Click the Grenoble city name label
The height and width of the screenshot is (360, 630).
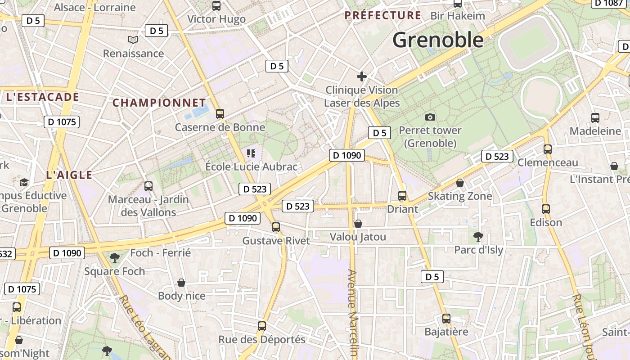click(438, 40)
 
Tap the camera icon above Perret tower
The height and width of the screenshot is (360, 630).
click(430, 117)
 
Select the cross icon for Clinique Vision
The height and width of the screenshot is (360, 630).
click(361, 76)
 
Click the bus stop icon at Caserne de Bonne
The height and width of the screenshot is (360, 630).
click(220, 113)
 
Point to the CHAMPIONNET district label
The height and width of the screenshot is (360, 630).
click(159, 103)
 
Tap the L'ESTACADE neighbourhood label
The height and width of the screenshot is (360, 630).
click(42, 97)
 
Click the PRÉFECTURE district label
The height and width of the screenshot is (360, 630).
click(382, 16)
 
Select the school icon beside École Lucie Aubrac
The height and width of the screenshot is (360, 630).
click(251, 153)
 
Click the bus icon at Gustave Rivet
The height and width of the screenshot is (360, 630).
click(276, 227)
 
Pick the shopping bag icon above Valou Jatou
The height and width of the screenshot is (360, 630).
click(358, 224)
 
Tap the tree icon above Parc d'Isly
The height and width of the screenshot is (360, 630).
click(478, 236)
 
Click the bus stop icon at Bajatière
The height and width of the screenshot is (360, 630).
click(446, 319)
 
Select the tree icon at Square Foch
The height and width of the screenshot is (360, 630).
click(115, 258)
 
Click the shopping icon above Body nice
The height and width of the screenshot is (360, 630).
click(181, 283)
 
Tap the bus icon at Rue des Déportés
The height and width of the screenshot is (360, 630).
click(262, 326)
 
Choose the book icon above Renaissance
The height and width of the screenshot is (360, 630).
click(133, 40)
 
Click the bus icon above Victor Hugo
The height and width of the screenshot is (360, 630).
click(216, 6)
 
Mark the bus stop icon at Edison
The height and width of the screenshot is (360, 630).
click(546, 209)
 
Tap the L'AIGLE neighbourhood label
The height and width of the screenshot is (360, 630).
click(69, 175)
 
